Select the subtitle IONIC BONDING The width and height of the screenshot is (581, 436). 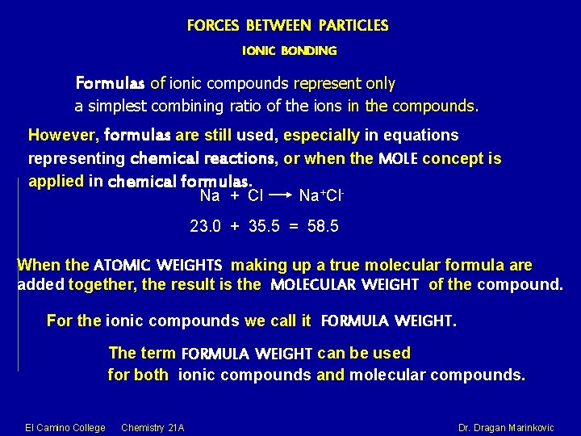coord(290,51)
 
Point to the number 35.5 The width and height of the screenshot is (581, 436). coord(264,227)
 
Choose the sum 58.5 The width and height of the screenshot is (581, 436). coord(324,227)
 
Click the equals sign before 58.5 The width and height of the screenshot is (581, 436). coord(294,227)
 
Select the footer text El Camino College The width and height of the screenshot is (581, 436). coord(65,427)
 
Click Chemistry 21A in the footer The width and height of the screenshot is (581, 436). coord(153,427)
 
